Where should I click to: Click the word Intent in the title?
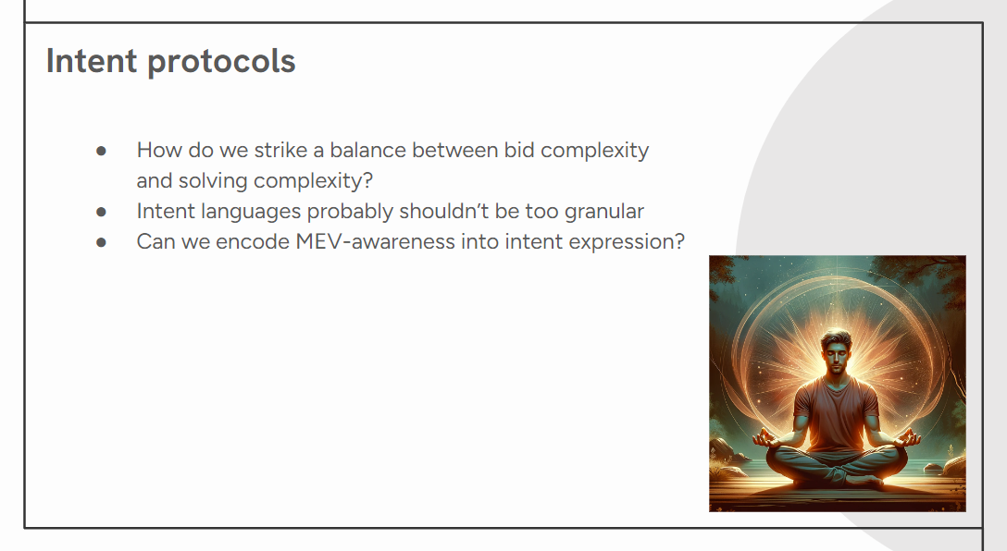click(92, 61)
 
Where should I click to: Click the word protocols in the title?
click(221, 63)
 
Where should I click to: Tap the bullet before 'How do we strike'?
click(101, 151)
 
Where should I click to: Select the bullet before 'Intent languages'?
click(101, 212)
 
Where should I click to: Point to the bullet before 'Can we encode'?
click(101, 242)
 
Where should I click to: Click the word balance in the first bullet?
click(368, 150)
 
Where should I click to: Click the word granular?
click(604, 212)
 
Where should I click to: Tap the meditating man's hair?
click(836, 338)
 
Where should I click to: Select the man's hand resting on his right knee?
click(765, 439)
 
